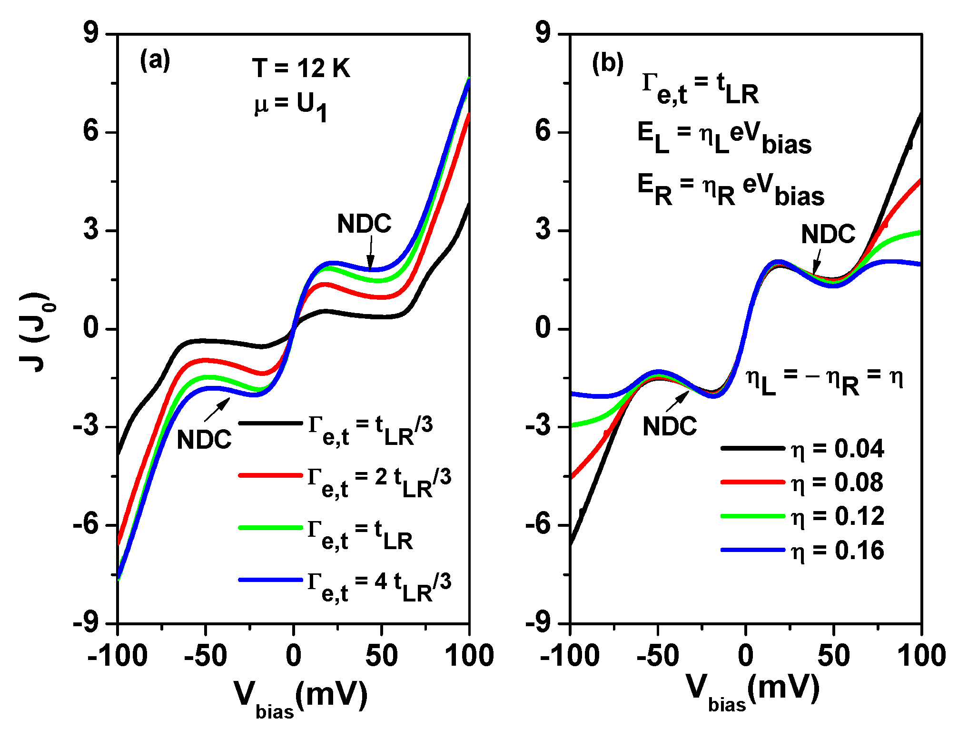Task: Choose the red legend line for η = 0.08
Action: click(752, 482)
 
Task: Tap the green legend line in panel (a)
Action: click(270, 527)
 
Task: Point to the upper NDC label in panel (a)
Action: click(364, 224)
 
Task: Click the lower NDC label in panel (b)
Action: click(670, 426)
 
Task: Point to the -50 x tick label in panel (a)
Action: click(205, 656)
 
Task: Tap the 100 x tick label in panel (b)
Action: click(921, 656)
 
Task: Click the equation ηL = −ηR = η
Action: click(823, 381)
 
